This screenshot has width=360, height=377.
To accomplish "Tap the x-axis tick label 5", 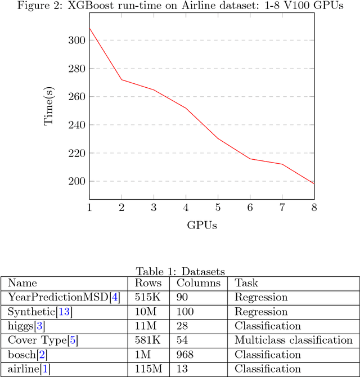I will [x=218, y=208].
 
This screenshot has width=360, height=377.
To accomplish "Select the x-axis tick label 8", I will [x=314, y=208].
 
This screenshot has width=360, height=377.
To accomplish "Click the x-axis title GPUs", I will [x=202, y=225].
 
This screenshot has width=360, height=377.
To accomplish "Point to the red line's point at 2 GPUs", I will [x=121, y=80].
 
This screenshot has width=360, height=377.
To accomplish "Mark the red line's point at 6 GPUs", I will [x=250, y=159].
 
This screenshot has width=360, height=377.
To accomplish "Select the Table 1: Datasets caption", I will [x=180, y=272].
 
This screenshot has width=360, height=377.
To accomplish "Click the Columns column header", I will [x=197, y=283].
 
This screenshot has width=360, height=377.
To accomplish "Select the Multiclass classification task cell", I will [x=293, y=340].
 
